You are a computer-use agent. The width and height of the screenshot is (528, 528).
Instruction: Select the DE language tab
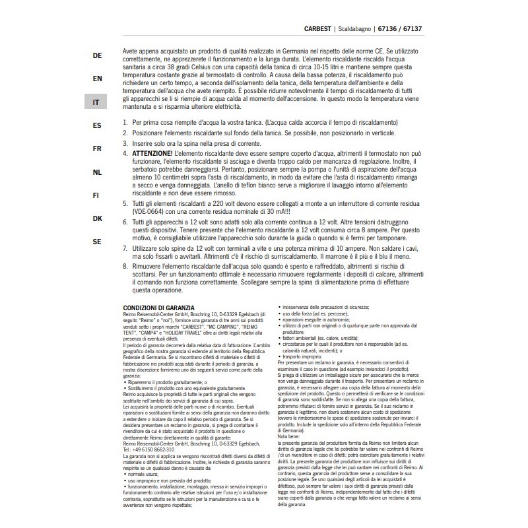(x=97, y=56)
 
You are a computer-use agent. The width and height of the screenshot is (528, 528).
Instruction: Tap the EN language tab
(x=97, y=79)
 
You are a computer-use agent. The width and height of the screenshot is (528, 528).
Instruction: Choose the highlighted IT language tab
(x=97, y=102)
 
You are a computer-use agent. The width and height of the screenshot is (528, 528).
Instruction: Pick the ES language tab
(x=97, y=125)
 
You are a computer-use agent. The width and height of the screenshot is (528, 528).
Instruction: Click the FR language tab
(x=97, y=148)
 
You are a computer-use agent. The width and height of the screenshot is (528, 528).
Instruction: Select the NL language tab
(x=97, y=172)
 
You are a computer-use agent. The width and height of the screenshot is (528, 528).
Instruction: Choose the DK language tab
(x=97, y=218)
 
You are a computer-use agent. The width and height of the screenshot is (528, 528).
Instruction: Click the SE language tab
(x=97, y=242)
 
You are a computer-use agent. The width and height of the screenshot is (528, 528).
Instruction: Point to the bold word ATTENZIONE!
(x=154, y=153)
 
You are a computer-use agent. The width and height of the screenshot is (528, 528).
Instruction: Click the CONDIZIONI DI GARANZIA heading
(x=159, y=308)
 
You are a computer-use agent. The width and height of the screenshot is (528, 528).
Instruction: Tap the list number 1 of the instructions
(x=125, y=123)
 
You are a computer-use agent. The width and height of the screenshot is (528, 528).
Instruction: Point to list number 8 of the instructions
(x=125, y=266)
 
